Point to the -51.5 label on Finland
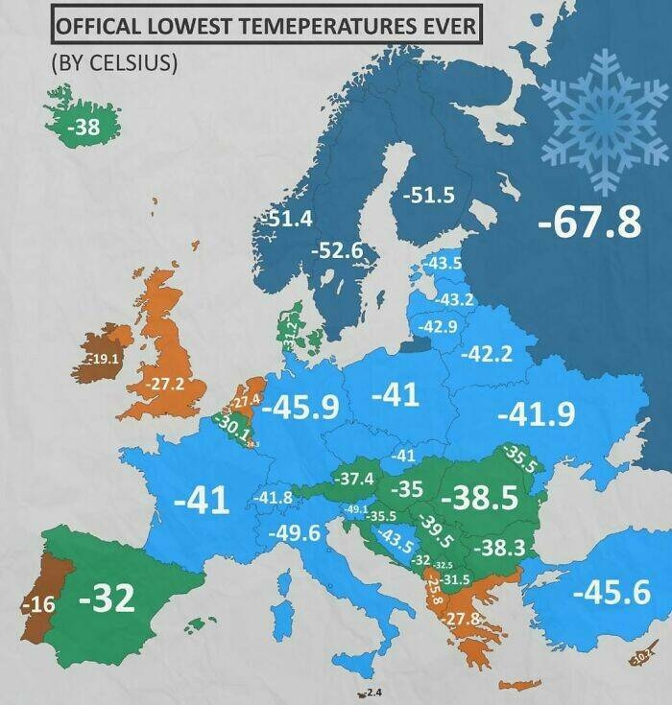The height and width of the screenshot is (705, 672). tap(427, 195)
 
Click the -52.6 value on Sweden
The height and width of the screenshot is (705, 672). tap(338, 250)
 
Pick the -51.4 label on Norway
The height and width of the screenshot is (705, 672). tap(287, 219)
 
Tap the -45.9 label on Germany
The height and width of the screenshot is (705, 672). tap(300, 407)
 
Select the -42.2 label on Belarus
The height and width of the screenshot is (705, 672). tap(486, 354)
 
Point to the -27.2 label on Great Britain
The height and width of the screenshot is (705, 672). tap(165, 384)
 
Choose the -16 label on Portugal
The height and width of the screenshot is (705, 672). tap(38, 604)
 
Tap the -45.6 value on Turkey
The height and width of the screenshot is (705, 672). tap(611, 592)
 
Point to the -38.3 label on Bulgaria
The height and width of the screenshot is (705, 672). tap(502, 548)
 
